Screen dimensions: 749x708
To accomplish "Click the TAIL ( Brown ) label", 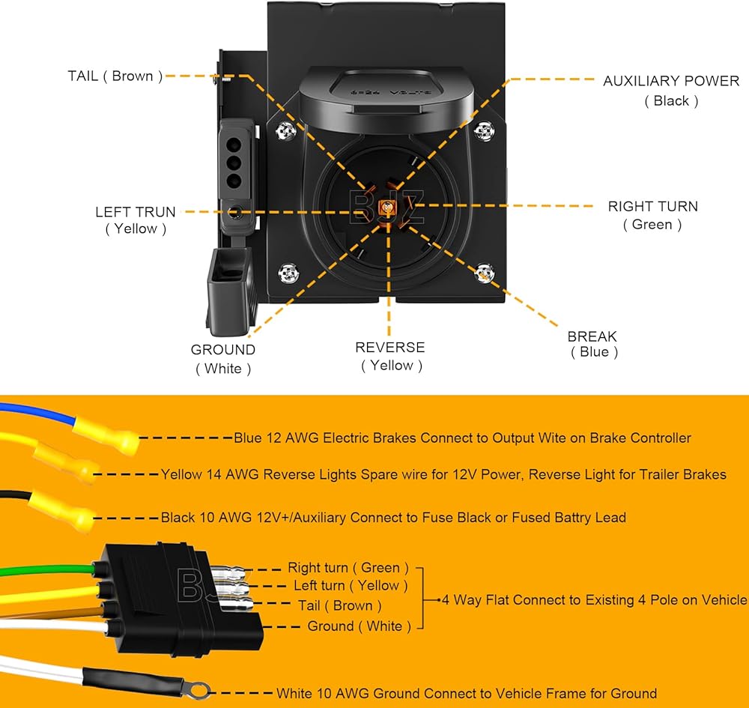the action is [x=115, y=76].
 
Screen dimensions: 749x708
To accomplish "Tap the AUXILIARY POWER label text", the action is [x=671, y=81].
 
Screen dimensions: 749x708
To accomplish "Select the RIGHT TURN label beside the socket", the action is [x=653, y=206].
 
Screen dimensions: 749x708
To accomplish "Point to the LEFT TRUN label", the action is [x=136, y=211].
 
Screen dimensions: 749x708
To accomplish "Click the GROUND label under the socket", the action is [x=223, y=350].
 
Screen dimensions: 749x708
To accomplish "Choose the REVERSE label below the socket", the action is [x=389, y=348].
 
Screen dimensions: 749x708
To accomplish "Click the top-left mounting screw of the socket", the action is [x=285, y=131].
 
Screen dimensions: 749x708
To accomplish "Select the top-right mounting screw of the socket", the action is [x=483, y=130].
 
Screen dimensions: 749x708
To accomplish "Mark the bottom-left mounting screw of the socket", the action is [x=288, y=273].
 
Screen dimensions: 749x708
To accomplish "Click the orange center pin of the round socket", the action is [x=387, y=208].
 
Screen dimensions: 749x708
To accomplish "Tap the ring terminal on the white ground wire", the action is [x=198, y=690].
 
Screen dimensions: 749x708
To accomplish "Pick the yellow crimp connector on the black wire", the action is [x=62, y=511].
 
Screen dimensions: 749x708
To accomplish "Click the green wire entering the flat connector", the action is [x=48, y=570].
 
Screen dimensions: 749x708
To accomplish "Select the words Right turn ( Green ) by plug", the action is [x=348, y=568].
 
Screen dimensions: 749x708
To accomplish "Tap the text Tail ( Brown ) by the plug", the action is [x=340, y=605].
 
